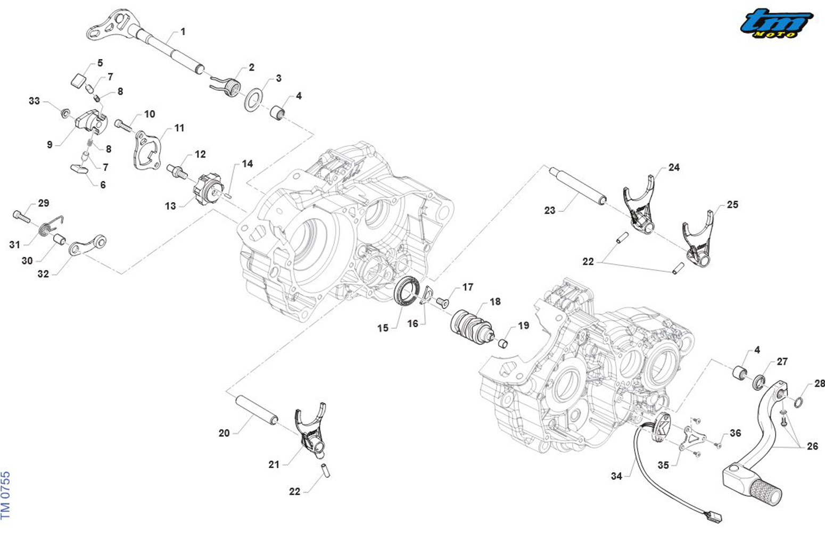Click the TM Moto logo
pos(777,24)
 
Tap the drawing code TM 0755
pos(6,495)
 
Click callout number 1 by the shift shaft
pos(183,32)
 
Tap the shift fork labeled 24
pos(640,205)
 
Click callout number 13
pos(170,206)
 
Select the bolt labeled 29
pos(20,216)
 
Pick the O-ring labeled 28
pos(798,401)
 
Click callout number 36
pos(735,434)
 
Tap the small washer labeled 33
pos(65,113)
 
